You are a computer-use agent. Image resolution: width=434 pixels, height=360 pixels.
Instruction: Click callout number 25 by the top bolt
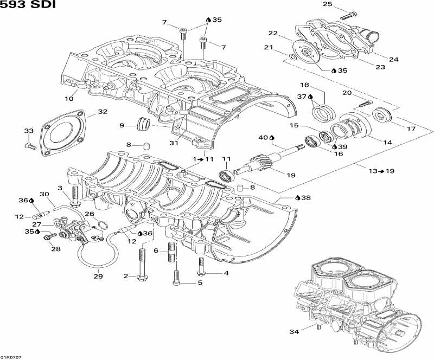pos(327,4)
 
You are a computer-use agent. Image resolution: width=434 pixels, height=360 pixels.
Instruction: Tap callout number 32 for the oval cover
pos(103,112)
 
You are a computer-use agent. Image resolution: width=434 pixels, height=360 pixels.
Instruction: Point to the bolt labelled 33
pos(31,145)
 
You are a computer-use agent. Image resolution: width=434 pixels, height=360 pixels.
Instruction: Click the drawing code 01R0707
pos(11,356)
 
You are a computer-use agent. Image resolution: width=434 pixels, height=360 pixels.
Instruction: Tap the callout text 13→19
pos(381,171)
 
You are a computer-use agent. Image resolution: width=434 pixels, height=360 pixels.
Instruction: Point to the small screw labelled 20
pos(365,103)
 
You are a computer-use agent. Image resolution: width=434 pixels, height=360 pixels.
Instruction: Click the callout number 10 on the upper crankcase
pos(69,99)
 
